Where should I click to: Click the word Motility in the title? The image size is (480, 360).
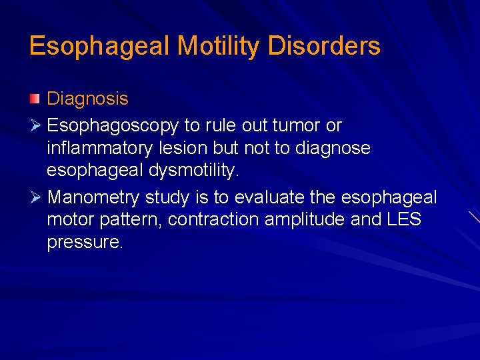(x=215, y=46)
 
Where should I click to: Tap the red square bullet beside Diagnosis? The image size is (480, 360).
(x=35, y=99)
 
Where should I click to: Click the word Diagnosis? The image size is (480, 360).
(x=87, y=99)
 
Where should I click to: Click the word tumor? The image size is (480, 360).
(x=298, y=125)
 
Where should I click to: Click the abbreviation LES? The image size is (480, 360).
(x=403, y=220)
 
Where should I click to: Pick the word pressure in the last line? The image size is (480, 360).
(x=85, y=243)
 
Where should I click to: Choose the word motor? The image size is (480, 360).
(x=71, y=220)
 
